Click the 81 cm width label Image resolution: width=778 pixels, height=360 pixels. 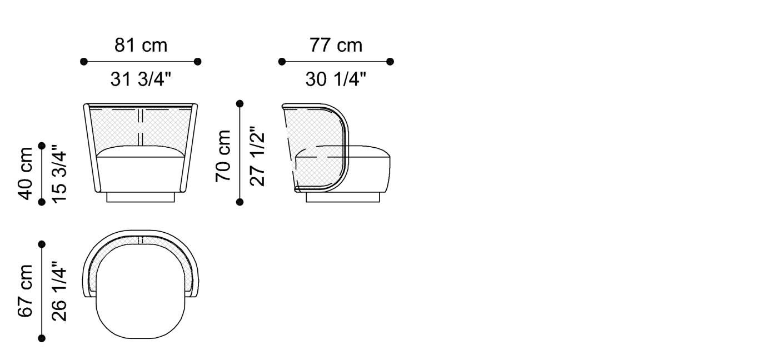coord(141,45)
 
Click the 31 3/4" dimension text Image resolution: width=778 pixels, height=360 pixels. coord(141,80)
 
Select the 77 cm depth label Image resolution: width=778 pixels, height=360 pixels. coord(336,45)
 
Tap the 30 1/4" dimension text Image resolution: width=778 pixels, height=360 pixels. coord(336,80)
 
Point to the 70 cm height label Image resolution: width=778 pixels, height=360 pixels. coord(223,155)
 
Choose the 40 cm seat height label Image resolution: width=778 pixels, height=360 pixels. coord(26,173)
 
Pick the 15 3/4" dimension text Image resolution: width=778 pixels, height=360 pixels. coord(59,173)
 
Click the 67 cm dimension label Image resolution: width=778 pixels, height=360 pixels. coord(26,291)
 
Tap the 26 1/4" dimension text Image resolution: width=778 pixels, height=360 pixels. coord(59,291)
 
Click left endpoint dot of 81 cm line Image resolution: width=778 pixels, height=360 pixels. coord(84,62)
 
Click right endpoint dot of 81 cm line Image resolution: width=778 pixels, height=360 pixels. coord(198,62)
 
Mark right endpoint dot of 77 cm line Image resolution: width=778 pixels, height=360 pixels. coord(390,62)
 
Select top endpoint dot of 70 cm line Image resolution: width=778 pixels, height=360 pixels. coord(240,104)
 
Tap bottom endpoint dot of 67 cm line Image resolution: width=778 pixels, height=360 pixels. coord(42,338)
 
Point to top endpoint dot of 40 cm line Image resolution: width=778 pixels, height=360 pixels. coord(42,146)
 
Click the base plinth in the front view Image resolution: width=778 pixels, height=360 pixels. coord(141,197)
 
